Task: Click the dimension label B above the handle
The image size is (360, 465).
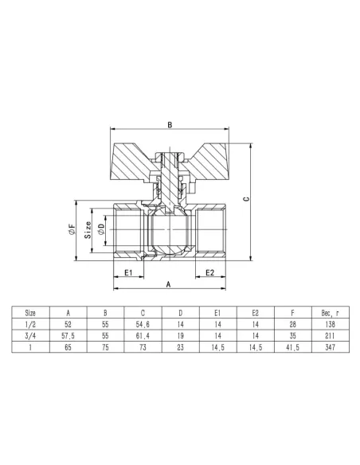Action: [170, 124]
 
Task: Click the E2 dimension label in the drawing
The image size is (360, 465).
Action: [210, 272]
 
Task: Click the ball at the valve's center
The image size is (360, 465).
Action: [170, 232]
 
